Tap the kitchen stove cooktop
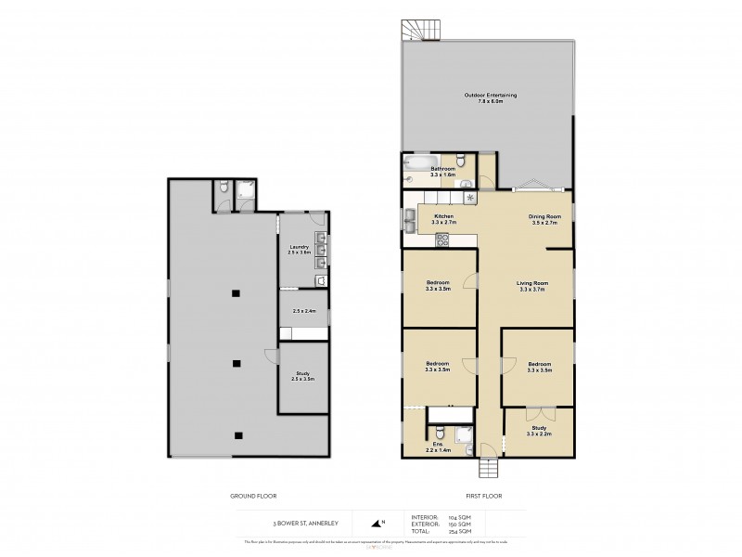[x=442, y=239]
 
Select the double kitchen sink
[x=409, y=219]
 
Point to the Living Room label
[x=533, y=286]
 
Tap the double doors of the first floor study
[x=536, y=409]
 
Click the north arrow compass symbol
[x=377, y=522]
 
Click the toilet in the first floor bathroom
[x=468, y=183]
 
